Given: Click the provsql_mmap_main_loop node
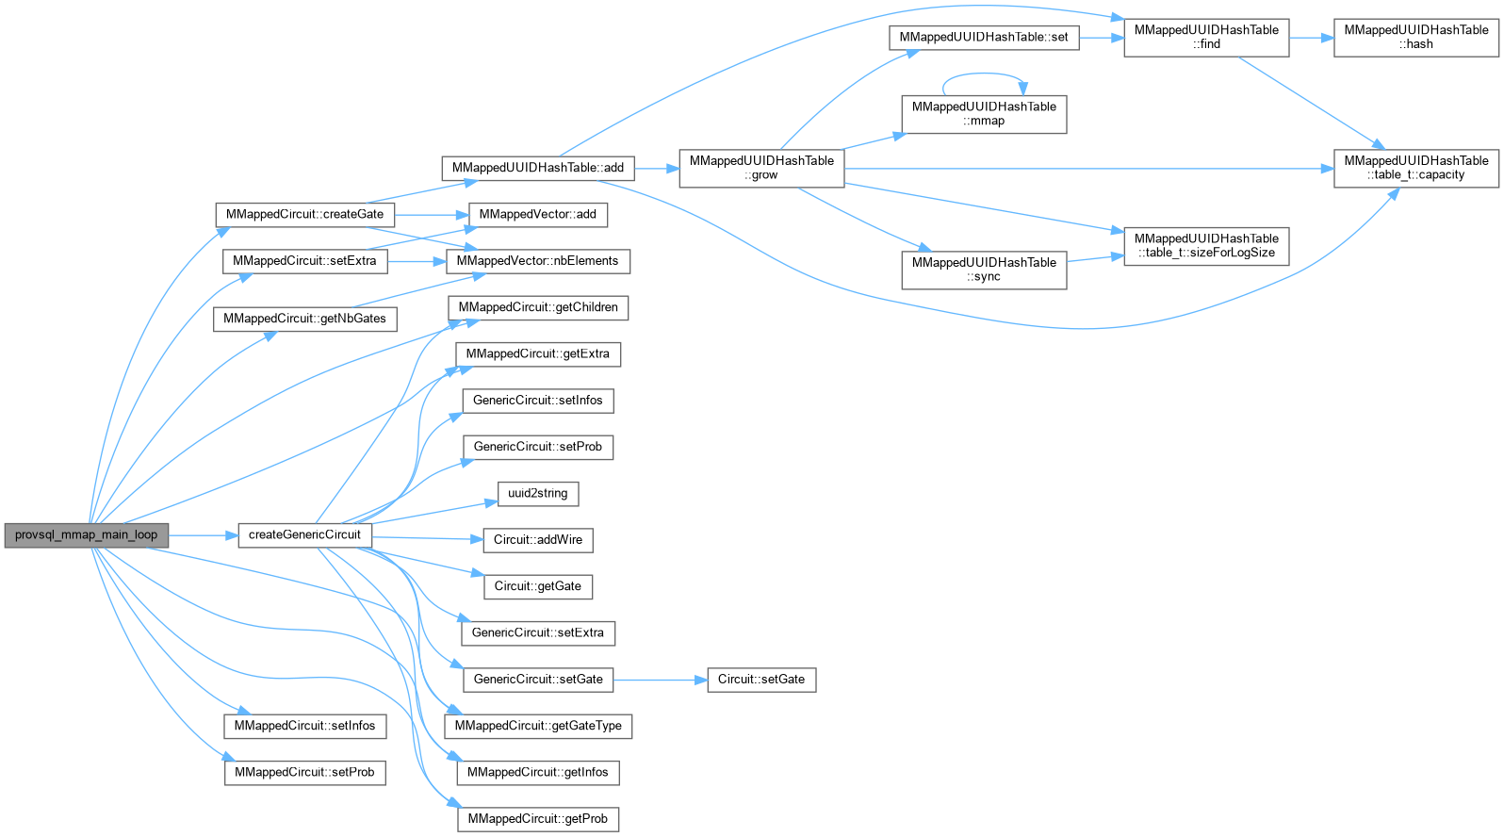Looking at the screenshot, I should click(x=86, y=534).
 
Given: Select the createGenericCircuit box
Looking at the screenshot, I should click(x=304, y=534).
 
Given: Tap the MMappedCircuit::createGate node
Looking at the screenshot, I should click(x=304, y=214).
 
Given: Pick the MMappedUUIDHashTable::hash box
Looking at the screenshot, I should click(x=1415, y=37).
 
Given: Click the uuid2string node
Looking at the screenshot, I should click(x=537, y=493).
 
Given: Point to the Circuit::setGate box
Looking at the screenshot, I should click(x=760, y=679).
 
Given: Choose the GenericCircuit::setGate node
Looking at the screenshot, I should click(x=537, y=679).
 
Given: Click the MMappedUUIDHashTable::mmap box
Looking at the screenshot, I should click(x=984, y=113).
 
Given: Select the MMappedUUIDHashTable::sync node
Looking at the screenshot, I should click(x=984, y=270).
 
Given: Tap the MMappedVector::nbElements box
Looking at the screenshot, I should click(x=537, y=261).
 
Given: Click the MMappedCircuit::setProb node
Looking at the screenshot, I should click(x=304, y=772).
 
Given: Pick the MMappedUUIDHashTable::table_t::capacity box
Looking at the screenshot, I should click(x=1415, y=168).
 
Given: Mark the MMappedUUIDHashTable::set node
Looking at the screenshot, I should click(x=984, y=37).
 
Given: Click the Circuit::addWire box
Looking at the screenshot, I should click(x=537, y=539).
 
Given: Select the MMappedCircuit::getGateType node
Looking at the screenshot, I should click(x=537, y=726).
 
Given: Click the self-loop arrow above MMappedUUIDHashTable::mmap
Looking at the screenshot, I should click(x=984, y=74).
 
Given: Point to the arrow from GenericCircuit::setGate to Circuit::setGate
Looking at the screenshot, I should click(x=660, y=679).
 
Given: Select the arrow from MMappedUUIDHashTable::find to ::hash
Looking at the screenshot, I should click(x=1311, y=37).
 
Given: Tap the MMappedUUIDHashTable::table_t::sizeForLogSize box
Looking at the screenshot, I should click(x=1205, y=245).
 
